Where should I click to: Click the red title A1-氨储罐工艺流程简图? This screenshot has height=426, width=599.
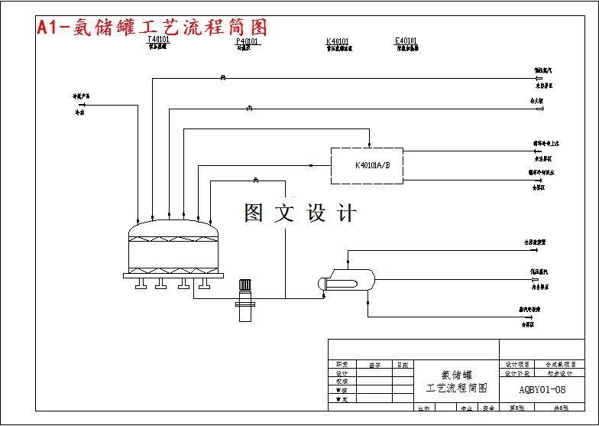coord(152,28)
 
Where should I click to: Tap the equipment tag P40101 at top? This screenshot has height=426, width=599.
coord(247,41)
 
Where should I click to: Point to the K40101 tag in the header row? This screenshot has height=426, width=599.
coord(338,41)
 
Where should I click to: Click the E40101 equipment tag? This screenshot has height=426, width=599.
coord(406,41)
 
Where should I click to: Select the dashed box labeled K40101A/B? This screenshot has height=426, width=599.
coord(366,165)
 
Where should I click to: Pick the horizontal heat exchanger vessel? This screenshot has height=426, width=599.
coord(348,281)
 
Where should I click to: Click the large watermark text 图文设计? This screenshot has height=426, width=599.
coord(300,213)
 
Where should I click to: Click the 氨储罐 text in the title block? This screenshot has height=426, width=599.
coord(456,375)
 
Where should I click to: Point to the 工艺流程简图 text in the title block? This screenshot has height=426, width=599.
coord(456,389)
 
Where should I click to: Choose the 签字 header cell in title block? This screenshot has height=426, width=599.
coord(374,365)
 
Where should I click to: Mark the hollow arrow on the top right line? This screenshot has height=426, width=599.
coord(540,78)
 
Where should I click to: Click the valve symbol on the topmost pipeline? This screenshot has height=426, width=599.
coord(222,78)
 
